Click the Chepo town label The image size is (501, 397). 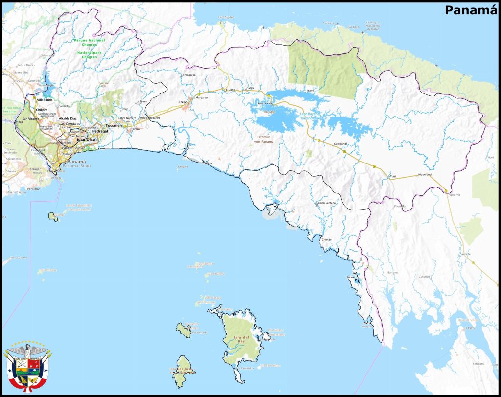click(x=183, y=102)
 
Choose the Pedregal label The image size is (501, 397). click(x=100, y=131)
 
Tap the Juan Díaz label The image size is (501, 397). click(x=86, y=140)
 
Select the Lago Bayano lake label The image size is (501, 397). click(x=309, y=116)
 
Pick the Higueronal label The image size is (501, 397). click(x=424, y=175)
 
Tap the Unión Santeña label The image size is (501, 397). click(x=326, y=203)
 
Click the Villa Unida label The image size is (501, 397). click(x=45, y=100)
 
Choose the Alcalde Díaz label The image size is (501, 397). click(x=68, y=118)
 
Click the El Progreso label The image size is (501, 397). click(x=189, y=75)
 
